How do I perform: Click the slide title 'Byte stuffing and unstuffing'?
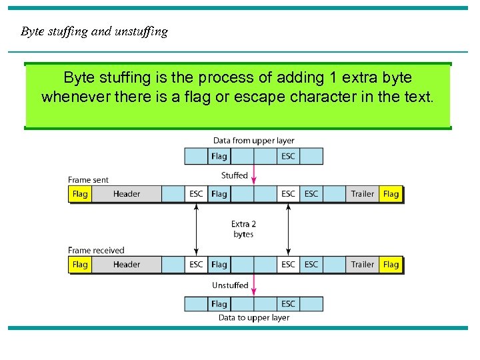pos(94,31)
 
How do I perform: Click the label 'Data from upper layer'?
pos(253,140)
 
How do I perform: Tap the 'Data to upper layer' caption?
pos(253,318)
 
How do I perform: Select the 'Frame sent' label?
pos(88,180)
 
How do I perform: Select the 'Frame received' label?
pos(96,251)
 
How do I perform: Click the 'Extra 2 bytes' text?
pos(243,229)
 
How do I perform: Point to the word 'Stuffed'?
pos(234,175)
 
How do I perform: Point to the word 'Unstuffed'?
pos(230,285)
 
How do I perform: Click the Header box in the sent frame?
pos(127,194)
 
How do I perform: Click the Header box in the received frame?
pos(127,265)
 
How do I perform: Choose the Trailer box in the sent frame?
pos(363,194)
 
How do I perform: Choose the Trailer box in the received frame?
pos(363,265)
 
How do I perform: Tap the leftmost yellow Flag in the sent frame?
pos(80,194)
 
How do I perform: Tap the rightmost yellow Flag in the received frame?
pos(391,265)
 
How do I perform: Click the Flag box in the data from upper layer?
pos(219,157)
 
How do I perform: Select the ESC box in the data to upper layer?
pos(288,304)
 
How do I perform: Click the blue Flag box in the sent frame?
pos(219,194)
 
